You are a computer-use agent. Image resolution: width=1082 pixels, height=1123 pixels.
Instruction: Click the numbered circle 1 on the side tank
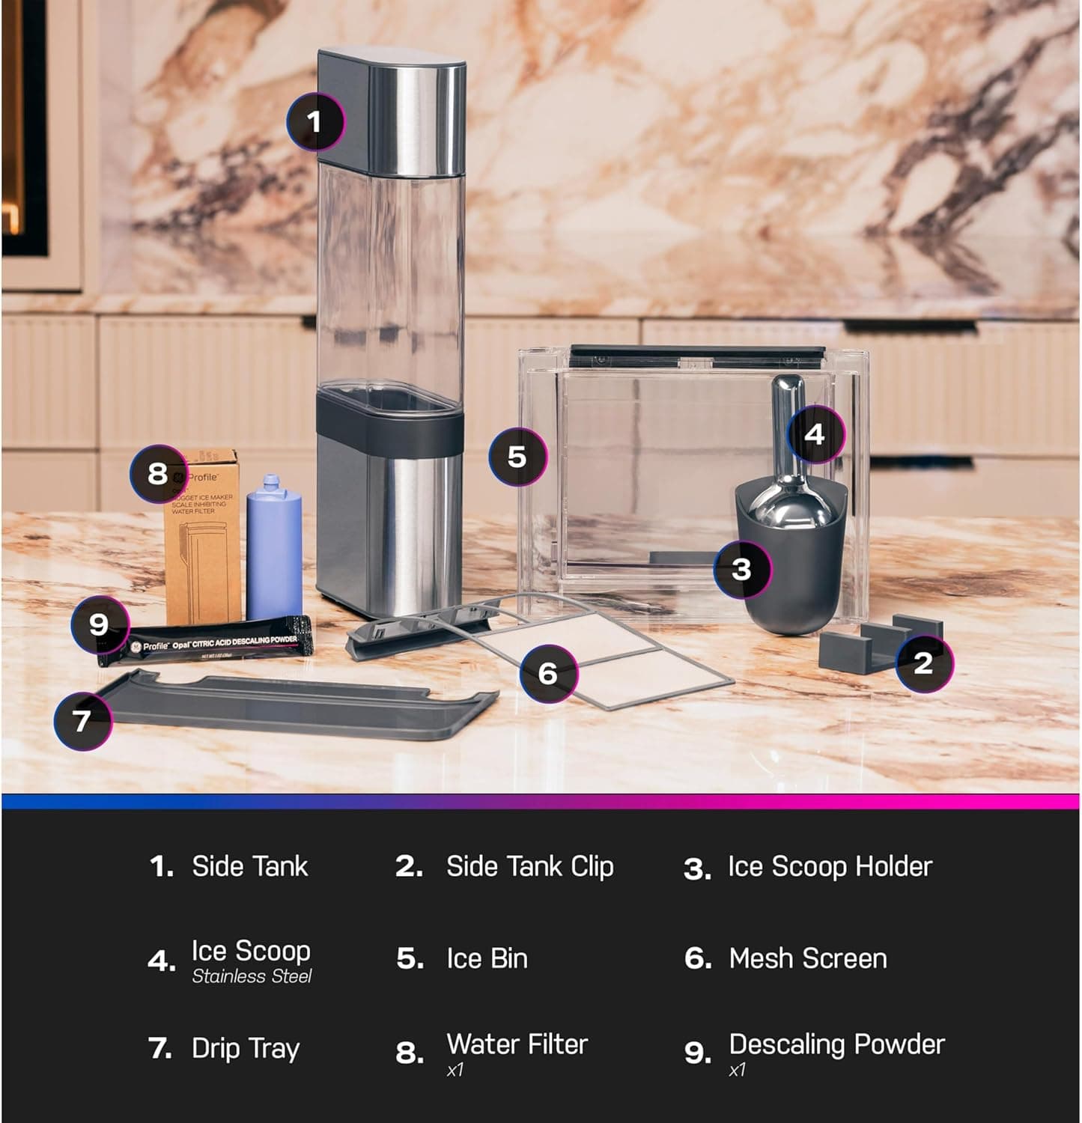(315, 121)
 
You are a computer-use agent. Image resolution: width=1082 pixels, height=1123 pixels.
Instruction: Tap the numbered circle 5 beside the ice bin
(517, 457)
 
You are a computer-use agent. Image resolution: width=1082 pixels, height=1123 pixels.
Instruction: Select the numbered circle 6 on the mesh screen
(548, 673)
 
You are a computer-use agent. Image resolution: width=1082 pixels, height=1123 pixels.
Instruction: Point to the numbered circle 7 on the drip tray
(82, 720)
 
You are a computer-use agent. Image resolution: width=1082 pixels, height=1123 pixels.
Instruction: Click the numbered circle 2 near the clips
(923, 662)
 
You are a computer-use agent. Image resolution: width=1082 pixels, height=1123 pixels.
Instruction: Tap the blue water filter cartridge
(274, 547)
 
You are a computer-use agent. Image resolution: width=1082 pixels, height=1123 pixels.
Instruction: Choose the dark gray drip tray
(300, 707)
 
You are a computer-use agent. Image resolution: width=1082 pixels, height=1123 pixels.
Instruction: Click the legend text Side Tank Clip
(529, 866)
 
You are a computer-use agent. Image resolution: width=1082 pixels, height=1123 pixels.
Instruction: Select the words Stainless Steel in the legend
(252, 976)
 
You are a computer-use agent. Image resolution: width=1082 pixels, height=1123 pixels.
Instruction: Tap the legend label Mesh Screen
(807, 958)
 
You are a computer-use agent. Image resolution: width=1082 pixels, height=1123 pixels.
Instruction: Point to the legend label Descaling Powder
(836, 1044)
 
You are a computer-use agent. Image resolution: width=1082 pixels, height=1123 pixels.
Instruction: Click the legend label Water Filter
(517, 1044)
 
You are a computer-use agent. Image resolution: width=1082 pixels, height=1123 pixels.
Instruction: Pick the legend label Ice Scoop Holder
(830, 866)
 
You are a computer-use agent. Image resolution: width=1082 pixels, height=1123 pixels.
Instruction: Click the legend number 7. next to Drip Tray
(160, 1048)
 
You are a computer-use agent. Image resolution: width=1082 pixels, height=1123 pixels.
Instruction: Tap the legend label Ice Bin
(487, 958)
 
